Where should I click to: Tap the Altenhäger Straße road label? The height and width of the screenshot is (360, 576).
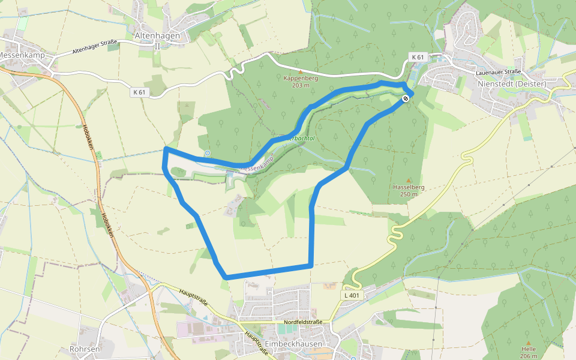click(x=95, y=47)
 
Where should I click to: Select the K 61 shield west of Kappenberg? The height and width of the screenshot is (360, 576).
click(x=139, y=92)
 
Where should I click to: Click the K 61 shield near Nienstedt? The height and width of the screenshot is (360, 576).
click(x=418, y=57)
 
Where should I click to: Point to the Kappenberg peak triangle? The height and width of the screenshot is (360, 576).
click(x=301, y=71)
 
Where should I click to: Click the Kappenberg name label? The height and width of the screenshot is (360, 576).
click(x=301, y=78)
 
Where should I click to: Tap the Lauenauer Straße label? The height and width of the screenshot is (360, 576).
click(x=498, y=71)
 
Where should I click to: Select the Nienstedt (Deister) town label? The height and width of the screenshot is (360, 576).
click(x=512, y=83)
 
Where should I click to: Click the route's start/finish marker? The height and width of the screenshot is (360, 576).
click(x=406, y=98)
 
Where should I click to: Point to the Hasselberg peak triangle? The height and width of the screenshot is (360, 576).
click(x=409, y=180)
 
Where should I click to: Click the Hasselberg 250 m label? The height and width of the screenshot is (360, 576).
click(x=409, y=190)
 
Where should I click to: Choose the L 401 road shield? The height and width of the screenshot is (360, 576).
click(x=352, y=295)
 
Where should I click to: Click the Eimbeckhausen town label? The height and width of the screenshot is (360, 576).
click(x=293, y=344)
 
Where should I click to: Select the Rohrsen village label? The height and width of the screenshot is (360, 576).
click(x=84, y=348)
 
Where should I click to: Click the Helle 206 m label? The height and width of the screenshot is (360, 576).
click(x=529, y=352)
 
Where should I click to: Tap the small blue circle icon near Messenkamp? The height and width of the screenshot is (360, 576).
click(x=208, y=153)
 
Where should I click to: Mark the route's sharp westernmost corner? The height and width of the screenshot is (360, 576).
click(x=166, y=148)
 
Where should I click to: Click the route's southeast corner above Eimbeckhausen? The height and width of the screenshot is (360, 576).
click(x=311, y=264)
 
